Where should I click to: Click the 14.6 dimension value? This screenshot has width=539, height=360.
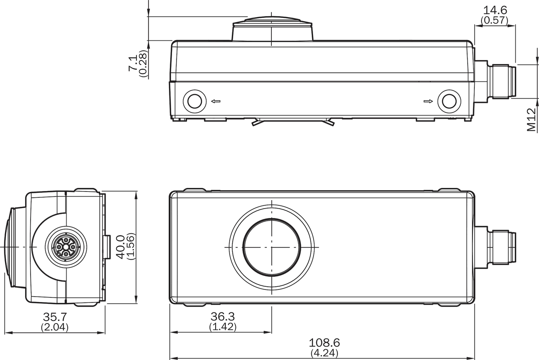tap(495, 10)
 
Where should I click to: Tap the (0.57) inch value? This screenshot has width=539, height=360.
tap(495, 21)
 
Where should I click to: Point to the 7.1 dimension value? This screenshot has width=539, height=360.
tap(133, 63)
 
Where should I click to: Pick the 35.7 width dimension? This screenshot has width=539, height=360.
tap(55, 317)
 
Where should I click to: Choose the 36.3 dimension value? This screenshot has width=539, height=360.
tap(223, 316)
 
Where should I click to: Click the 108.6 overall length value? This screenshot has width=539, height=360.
tap(324, 342)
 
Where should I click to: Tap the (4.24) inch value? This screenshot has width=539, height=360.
tap(324, 353)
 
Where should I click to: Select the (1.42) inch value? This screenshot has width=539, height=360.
tap(223, 327)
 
